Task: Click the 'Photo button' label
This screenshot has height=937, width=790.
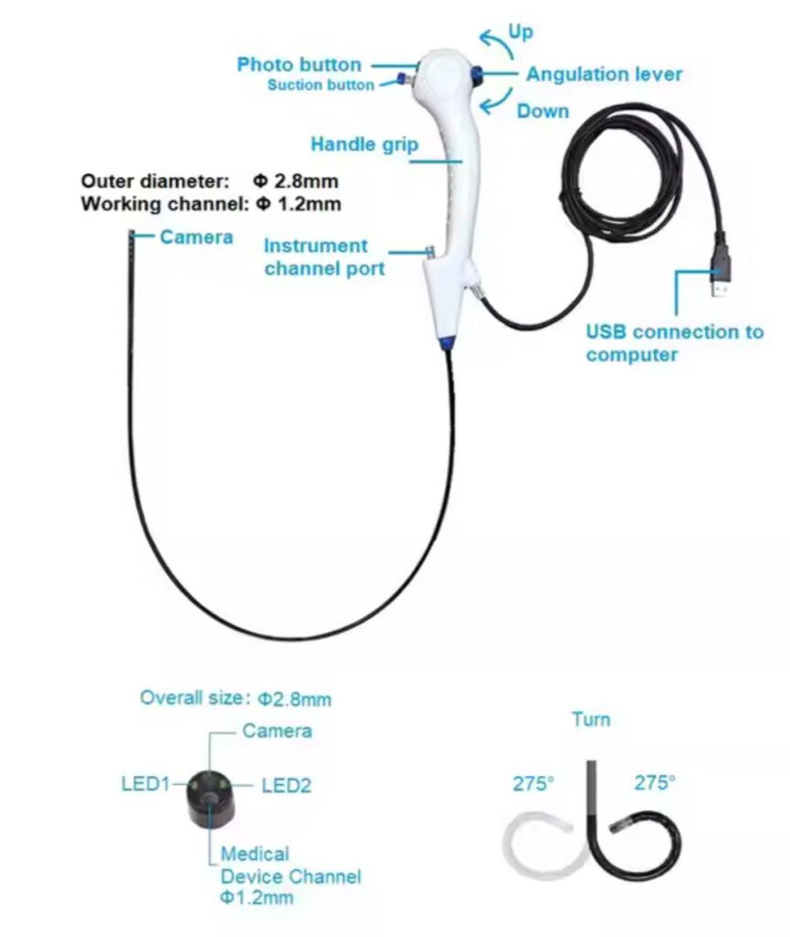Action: pos(299,65)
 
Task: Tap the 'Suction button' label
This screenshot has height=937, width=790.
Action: pos(320,85)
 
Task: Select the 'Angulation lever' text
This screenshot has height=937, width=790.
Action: pos(604,74)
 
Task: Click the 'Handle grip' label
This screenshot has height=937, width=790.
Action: pos(364,145)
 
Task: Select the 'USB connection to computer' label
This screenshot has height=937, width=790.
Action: pos(675,343)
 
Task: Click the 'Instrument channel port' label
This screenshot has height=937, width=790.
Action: pos(324,257)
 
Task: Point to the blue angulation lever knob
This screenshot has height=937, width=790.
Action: pos(477,75)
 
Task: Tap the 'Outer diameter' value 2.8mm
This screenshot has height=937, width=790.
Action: pos(296,180)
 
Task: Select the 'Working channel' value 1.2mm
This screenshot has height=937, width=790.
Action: pos(298,204)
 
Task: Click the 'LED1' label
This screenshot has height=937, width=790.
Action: pos(146,783)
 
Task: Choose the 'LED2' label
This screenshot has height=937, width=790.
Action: pos(287,785)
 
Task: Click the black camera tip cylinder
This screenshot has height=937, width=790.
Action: pos(210,799)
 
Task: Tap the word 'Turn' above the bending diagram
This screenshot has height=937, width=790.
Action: pos(590,719)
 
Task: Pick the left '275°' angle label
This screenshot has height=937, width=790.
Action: pos(534,783)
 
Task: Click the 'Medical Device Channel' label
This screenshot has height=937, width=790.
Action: pos(291,866)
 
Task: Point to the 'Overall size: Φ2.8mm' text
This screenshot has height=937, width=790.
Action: pos(235,698)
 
